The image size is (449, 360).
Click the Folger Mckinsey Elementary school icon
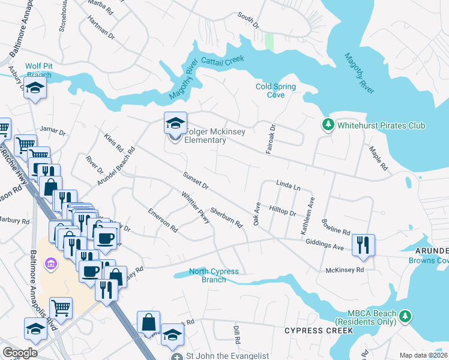tap(175, 123)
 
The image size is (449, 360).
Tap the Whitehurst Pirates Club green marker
tap(328, 125)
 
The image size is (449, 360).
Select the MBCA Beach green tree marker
tap(406, 316)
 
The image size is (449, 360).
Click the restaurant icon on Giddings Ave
tap(363, 245)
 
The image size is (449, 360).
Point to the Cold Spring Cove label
tap(276, 91)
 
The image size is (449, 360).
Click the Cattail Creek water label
tap(223, 61)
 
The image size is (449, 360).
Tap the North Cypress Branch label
tap(214, 275)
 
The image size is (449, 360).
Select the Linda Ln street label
tap(288, 187)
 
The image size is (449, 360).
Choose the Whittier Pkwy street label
tap(196, 208)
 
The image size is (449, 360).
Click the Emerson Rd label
tap(163, 220)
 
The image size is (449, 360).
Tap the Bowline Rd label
tap(336, 227)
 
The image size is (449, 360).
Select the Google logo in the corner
tap(20, 352)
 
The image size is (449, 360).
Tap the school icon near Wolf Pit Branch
tap(35, 89)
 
